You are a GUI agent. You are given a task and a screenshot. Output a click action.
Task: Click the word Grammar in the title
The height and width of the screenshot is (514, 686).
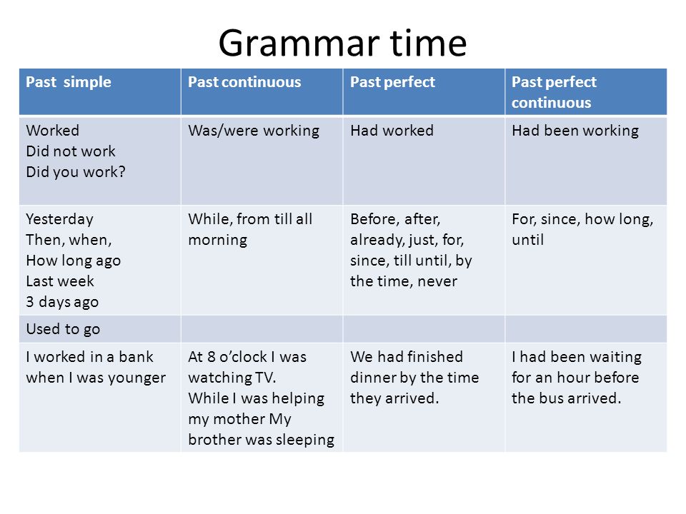(299, 44)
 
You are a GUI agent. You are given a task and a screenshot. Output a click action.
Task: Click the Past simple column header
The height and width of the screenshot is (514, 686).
(69, 82)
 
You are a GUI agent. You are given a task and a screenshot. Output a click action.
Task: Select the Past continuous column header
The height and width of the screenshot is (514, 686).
(244, 82)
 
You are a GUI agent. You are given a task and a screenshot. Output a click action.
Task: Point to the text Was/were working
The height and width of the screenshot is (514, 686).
(254, 131)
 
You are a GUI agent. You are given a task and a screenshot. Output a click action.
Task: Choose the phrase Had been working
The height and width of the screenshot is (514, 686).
(575, 131)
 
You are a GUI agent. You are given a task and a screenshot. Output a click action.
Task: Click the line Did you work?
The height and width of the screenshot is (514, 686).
(76, 172)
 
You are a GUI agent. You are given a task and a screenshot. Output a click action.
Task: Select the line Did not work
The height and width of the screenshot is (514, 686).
(71, 151)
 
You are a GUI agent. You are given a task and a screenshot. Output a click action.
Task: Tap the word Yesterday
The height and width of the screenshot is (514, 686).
(59, 219)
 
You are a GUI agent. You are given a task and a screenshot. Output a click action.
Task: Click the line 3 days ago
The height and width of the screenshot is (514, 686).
(62, 301)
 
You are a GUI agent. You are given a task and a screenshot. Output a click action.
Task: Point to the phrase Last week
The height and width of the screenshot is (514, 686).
(60, 281)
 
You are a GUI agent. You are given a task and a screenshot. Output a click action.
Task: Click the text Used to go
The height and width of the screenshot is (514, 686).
(63, 329)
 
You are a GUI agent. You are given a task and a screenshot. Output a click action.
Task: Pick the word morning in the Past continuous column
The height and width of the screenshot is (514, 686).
(218, 241)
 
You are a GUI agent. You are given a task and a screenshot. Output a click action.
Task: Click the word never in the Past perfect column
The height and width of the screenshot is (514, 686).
(437, 282)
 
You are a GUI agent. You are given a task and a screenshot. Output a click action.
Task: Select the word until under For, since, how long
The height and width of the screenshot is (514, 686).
(527, 240)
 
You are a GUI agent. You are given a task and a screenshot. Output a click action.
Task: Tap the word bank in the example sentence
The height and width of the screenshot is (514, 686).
(136, 357)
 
